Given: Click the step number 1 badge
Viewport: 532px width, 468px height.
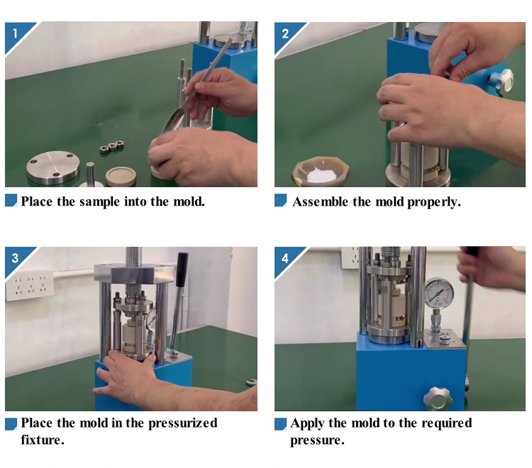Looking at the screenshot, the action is (16, 34).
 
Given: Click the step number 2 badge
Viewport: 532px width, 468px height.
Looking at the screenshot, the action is (286, 34).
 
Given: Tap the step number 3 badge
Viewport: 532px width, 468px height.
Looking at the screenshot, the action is (16, 258).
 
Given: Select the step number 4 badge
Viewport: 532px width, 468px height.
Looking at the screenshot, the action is (286, 258).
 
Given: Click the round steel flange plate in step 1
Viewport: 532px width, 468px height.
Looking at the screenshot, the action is (53, 167).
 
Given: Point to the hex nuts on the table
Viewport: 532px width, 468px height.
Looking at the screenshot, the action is (111, 147).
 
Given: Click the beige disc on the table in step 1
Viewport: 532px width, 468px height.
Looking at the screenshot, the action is (121, 176).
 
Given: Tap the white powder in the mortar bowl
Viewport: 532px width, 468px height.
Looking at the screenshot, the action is (321, 175).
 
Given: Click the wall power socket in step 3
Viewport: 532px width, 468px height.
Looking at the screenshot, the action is (30, 286).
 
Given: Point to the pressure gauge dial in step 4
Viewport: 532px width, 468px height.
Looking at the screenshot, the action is (439, 293).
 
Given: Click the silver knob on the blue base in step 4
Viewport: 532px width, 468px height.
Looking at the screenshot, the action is (438, 398).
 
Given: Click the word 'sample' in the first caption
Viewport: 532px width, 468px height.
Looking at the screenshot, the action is (100, 202).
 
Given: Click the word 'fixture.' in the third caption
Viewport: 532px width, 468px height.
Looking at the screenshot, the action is (43, 440).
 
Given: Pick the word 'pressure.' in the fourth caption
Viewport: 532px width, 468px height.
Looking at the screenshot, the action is (317, 440).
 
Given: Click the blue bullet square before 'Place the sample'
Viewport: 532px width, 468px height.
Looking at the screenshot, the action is (11, 200).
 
